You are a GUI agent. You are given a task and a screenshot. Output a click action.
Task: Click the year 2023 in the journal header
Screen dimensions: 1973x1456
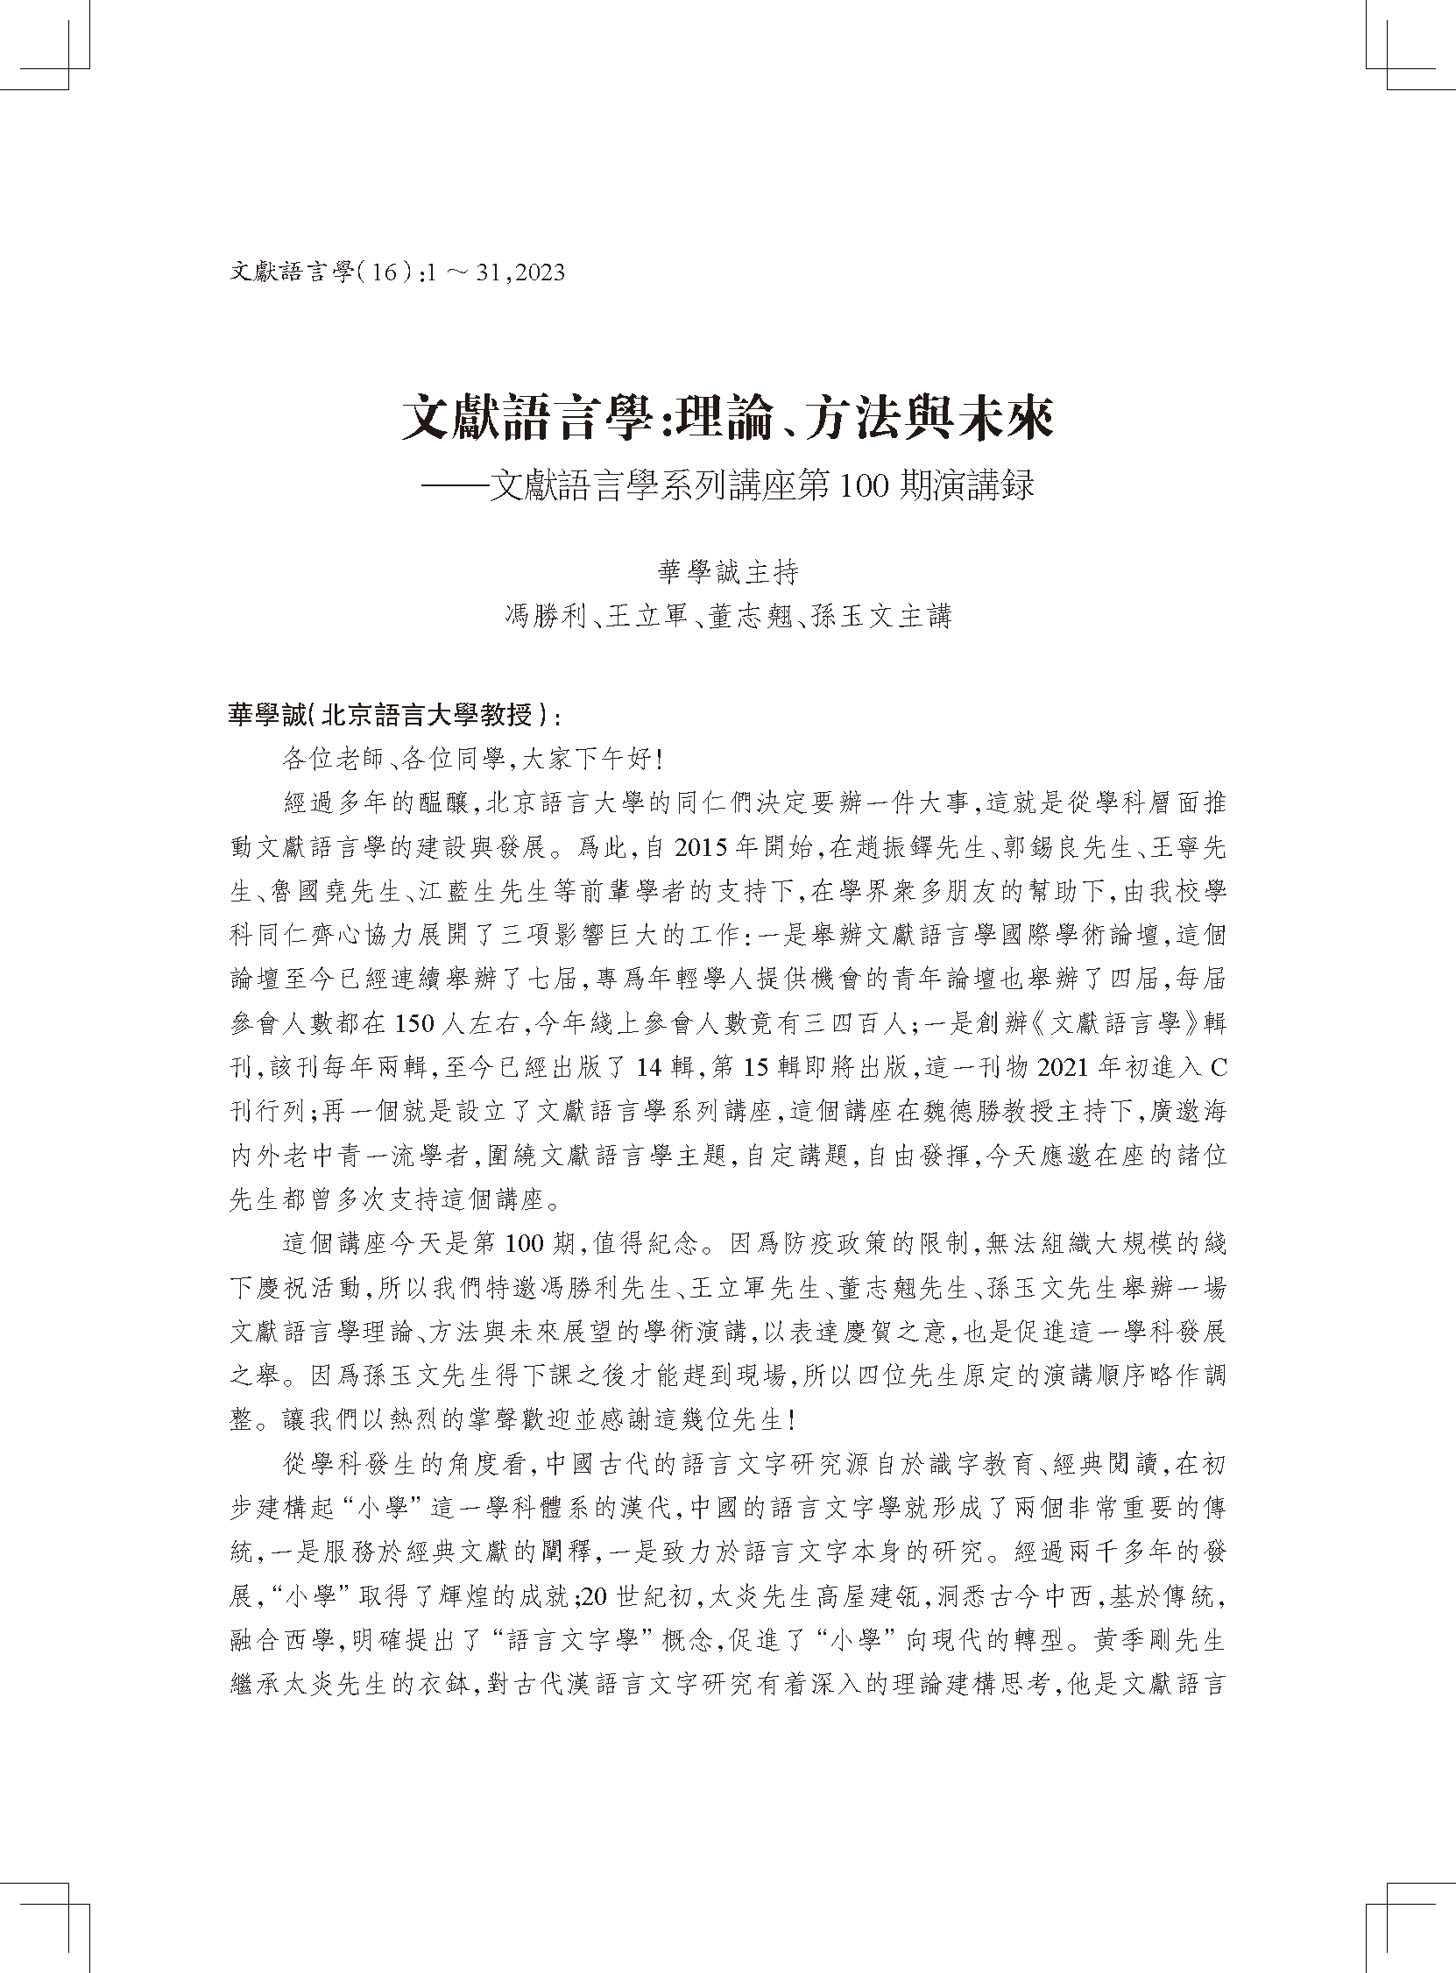[x=534, y=272]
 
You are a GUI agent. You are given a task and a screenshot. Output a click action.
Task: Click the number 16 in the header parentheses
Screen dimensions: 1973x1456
[x=386, y=272]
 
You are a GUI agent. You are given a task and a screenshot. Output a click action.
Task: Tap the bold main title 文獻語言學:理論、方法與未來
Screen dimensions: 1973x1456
[x=727, y=419]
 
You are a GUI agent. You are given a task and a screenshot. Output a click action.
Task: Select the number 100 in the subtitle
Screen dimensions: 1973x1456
[x=863, y=486]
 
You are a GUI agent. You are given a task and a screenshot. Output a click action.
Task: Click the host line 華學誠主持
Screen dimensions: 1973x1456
[x=728, y=573]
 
